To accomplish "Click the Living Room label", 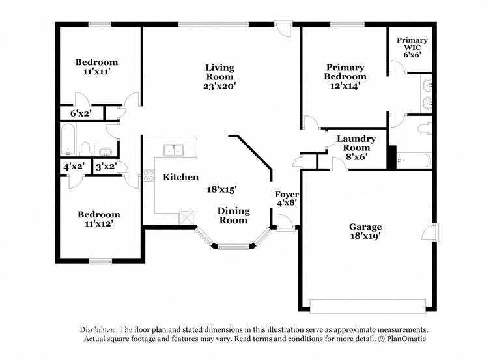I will (x=219, y=68).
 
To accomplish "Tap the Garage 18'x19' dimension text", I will (x=365, y=237).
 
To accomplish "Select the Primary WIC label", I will (x=412, y=45).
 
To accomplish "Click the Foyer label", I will (x=287, y=195).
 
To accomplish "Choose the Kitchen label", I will (x=180, y=177).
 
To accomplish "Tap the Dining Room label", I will (x=233, y=215).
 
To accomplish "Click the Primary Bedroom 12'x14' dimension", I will (x=345, y=85).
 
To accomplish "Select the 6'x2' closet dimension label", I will (x=81, y=114).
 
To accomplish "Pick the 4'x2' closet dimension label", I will (x=74, y=167).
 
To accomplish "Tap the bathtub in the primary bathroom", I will (x=413, y=161).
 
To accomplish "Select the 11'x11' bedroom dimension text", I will (x=96, y=72).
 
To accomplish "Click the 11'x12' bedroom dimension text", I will (x=99, y=224).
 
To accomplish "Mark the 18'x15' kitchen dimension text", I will (x=221, y=189).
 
